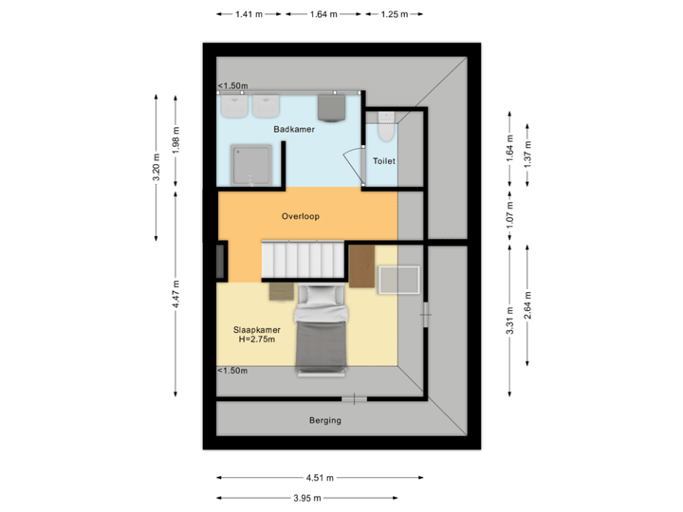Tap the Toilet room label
click(x=383, y=161)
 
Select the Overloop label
click(x=301, y=216)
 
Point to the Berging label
click(x=324, y=420)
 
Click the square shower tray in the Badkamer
click(x=254, y=161)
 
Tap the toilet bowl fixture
click(x=384, y=120)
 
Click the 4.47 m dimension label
click(x=176, y=294)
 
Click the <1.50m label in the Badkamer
click(x=233, y=86)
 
